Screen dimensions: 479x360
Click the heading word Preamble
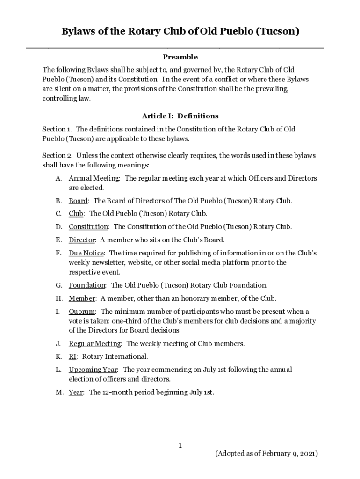pos(180,57)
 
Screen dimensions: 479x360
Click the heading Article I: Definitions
pos(180,116)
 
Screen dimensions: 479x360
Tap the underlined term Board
pos(78,201)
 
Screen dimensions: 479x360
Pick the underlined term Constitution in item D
pos(88,227)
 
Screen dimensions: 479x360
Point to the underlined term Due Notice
pos(86,253)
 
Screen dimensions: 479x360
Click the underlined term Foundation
pos(87,285)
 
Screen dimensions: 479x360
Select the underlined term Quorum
pos(82,312)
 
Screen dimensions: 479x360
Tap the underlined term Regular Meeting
pos(95,344)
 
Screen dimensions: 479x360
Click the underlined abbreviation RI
pos(72,356)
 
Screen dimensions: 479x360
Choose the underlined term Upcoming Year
pos(93,370)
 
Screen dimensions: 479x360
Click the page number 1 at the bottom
pos(180,446)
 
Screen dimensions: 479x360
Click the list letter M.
pos(59,392)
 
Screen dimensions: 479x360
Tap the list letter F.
pos(58,253)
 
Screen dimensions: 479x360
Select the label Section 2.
pos(57,155)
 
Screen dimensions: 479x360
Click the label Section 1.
pos(57,129)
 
